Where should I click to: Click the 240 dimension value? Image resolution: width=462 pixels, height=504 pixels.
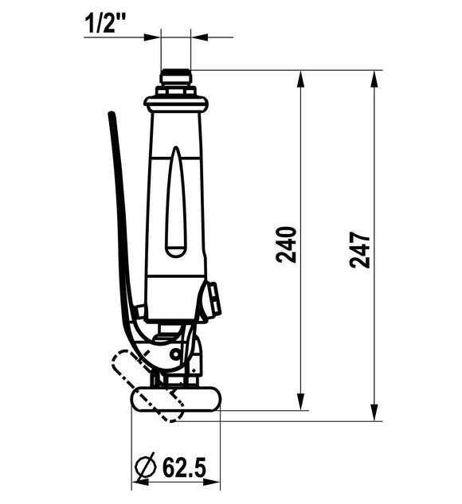click(286, 244)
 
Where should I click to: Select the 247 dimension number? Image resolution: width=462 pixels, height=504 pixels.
click(359, 250)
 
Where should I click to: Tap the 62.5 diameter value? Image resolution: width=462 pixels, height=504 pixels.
click(184, 467)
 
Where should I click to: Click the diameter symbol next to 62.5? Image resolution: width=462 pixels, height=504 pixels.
click(145, 467)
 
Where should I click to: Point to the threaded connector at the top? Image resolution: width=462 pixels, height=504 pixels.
click(176, 77)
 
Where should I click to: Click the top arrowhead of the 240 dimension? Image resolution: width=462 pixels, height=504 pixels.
click(300, 79)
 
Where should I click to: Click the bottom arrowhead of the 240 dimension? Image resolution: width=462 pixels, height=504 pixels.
click(300, 402)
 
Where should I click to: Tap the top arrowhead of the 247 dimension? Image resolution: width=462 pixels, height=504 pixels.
click(374, 79)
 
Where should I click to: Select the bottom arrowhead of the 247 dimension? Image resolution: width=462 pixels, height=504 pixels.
click(374, 412)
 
